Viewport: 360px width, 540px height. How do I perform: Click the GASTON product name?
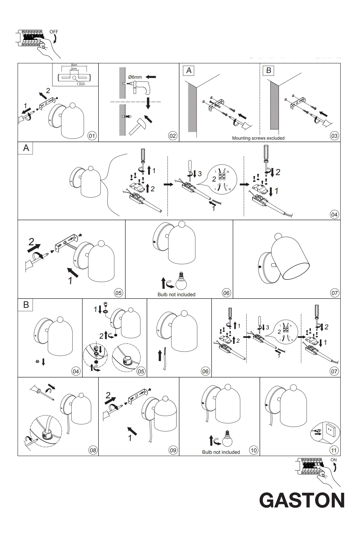click(x=302, y=500)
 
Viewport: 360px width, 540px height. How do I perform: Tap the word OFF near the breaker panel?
click(x=54, y=32)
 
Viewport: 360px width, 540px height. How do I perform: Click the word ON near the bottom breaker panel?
click(x=334, y=460)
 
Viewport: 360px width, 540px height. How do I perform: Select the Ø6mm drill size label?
click(x=135, y=77)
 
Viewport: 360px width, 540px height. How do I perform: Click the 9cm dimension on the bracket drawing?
click(x=74, y=65)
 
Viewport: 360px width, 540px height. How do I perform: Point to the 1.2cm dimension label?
click(x=80, y=84)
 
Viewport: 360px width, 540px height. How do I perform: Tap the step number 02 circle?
click(x=172, y=136)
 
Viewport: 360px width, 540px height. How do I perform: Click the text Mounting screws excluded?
click(x=258, y=138)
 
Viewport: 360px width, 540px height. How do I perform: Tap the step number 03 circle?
click(x=334, y=136)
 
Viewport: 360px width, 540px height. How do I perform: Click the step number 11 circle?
click(x=334, y=450)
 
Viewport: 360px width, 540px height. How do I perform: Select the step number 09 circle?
click(x=173, y=450)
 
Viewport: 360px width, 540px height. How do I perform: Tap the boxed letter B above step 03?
click(x=268, y=70)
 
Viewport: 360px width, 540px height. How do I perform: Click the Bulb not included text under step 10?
click(x=221, y=452)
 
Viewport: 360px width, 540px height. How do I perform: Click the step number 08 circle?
click(x=92, y=450)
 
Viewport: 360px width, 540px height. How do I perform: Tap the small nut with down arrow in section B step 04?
click(x=38, y=361)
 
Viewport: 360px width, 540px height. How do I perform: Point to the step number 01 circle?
click(x=92, y=136)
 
